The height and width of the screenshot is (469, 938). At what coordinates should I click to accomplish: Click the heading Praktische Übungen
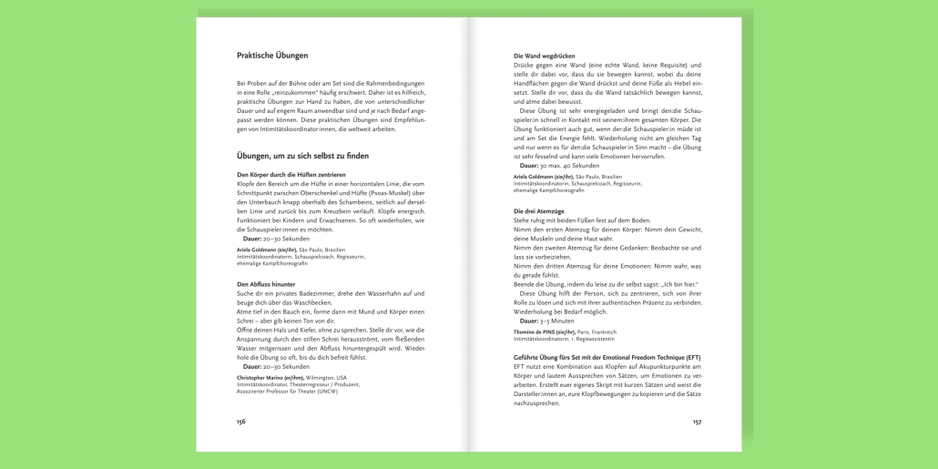[272, 56]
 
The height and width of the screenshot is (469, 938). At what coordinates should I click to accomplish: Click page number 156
[241, 422]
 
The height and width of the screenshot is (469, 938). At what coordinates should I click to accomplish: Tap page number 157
[697, 422]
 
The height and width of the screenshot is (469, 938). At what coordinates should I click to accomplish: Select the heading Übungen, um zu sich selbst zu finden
[302, 156]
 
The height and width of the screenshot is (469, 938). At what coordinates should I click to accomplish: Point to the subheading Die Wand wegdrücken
[544, 56]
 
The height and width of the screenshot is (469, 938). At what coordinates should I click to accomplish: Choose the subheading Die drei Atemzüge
[539, 211]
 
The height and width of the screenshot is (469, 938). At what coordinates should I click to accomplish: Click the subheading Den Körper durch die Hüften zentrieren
[291, 174]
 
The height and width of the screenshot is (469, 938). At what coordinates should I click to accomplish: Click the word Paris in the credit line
[583, 331]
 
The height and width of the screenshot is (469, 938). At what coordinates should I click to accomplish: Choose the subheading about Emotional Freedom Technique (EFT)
[607, 357]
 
